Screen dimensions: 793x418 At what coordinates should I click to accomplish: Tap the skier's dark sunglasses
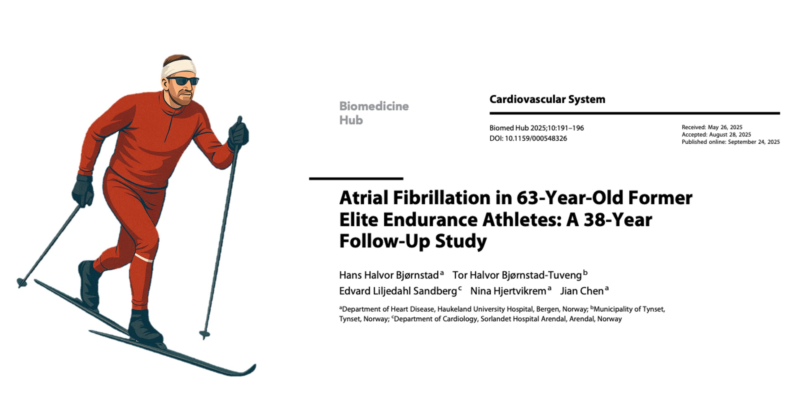[x=185, y=81]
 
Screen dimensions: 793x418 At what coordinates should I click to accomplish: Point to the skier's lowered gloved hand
[x=82, y=190]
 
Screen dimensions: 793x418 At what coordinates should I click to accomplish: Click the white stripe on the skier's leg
[x=144, y=258]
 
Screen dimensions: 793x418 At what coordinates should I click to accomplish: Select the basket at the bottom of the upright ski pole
[x=204, y=334]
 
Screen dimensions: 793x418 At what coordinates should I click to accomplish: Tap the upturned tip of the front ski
[x=249, y=370]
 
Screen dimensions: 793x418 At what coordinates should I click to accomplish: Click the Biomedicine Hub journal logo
[x=374, y=113]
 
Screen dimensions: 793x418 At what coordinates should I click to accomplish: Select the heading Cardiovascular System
[x=547, y=99]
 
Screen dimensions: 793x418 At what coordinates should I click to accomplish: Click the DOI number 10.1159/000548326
[x=536, y=138]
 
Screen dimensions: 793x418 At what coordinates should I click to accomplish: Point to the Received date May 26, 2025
[x=725, y=127]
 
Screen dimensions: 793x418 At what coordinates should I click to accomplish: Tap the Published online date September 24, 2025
[x=754, y=142]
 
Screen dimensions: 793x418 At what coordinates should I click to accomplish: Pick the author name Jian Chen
[x=582, y=291]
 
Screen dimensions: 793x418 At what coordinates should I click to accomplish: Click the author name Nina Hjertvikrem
[x=508, y=291]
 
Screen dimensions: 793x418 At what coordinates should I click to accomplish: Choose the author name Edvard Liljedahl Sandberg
[x=398, y=291]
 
